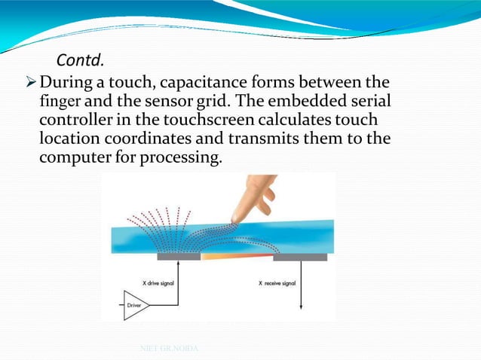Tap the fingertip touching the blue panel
point(238,218)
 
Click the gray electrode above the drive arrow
point(179,257)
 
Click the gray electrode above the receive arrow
point(300,257)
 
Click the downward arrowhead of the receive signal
point(301,306)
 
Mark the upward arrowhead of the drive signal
point(179,264)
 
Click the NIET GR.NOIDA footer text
point(167,348)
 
